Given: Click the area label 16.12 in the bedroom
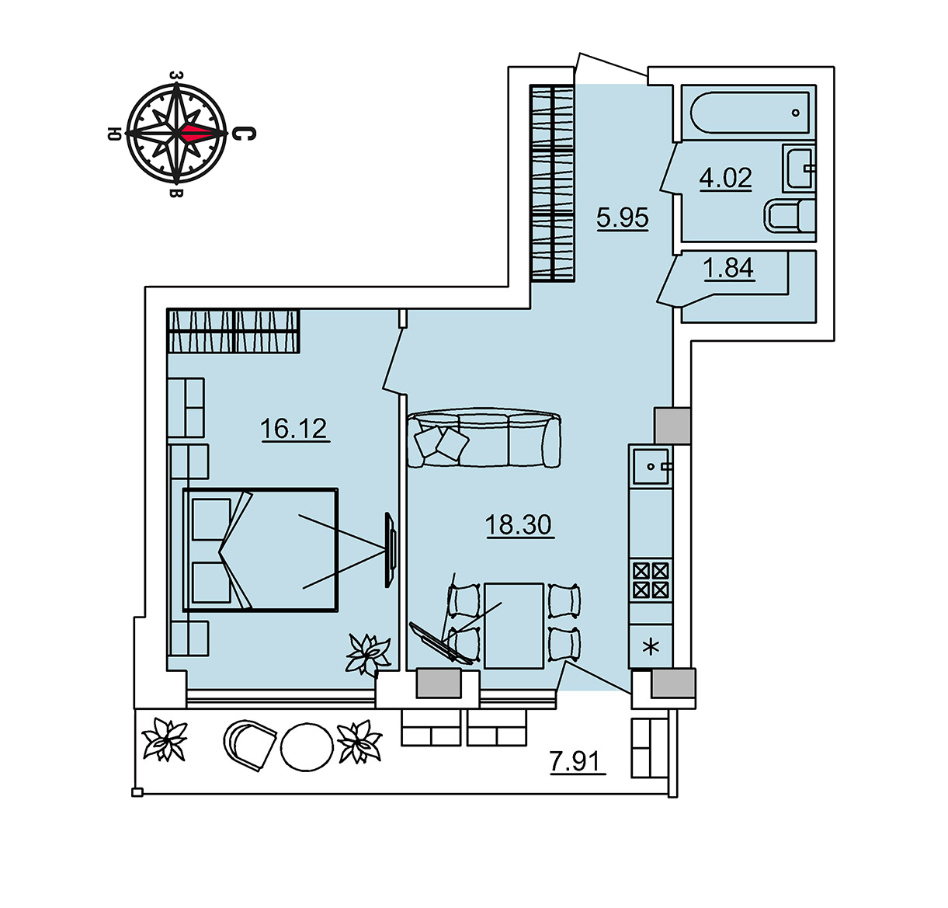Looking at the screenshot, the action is click(x=293, y=429).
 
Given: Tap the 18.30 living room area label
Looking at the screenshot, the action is click(x=519, y=525).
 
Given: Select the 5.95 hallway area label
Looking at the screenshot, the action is click(x=623, y=217).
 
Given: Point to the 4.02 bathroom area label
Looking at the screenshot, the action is click(x=726, y=178).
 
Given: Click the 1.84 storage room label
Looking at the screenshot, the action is click(x=729, y=268).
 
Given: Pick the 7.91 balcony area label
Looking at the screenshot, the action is click(x=578, y=761).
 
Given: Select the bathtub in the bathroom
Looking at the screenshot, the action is click(x=749, y=113).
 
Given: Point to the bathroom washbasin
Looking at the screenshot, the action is click(x=799, y=168).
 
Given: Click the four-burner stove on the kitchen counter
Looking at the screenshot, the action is click(x=651, y=579).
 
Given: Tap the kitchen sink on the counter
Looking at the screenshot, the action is click(x=651, y=467).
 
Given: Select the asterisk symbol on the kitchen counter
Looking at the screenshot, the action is click(x=651, y=648).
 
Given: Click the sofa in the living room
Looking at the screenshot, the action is click(x=484, y=437).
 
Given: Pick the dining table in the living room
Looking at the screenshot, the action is click(x=514, y=625).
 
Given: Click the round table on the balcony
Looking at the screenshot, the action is click(x=307, y=746).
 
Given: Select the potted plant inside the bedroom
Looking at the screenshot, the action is click(x=368, y=655).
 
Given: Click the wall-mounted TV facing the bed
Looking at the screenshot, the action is click(x=391, y=549).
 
